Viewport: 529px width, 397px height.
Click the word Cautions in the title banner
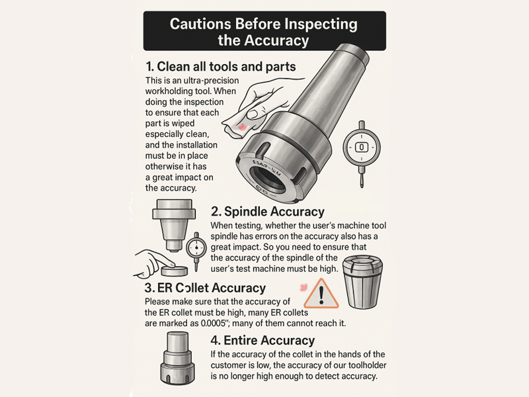point(200,24)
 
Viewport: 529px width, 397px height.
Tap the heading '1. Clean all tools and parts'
point(221,67)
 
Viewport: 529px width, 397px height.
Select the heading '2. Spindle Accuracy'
point(268,212)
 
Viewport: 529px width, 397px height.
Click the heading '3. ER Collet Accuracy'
point(205,288)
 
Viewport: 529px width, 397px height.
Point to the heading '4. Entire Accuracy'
point(263,340)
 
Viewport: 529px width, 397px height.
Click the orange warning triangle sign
point(321,294)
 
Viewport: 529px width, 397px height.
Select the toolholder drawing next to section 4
point(178,358)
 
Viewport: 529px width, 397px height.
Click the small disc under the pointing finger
point(175,270)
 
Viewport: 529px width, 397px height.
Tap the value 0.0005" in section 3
point(213,323)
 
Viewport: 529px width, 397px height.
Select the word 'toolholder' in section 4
point(368,365)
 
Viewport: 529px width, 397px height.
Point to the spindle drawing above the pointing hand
point(174,225)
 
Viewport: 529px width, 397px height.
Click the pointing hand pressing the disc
point(153,263)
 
